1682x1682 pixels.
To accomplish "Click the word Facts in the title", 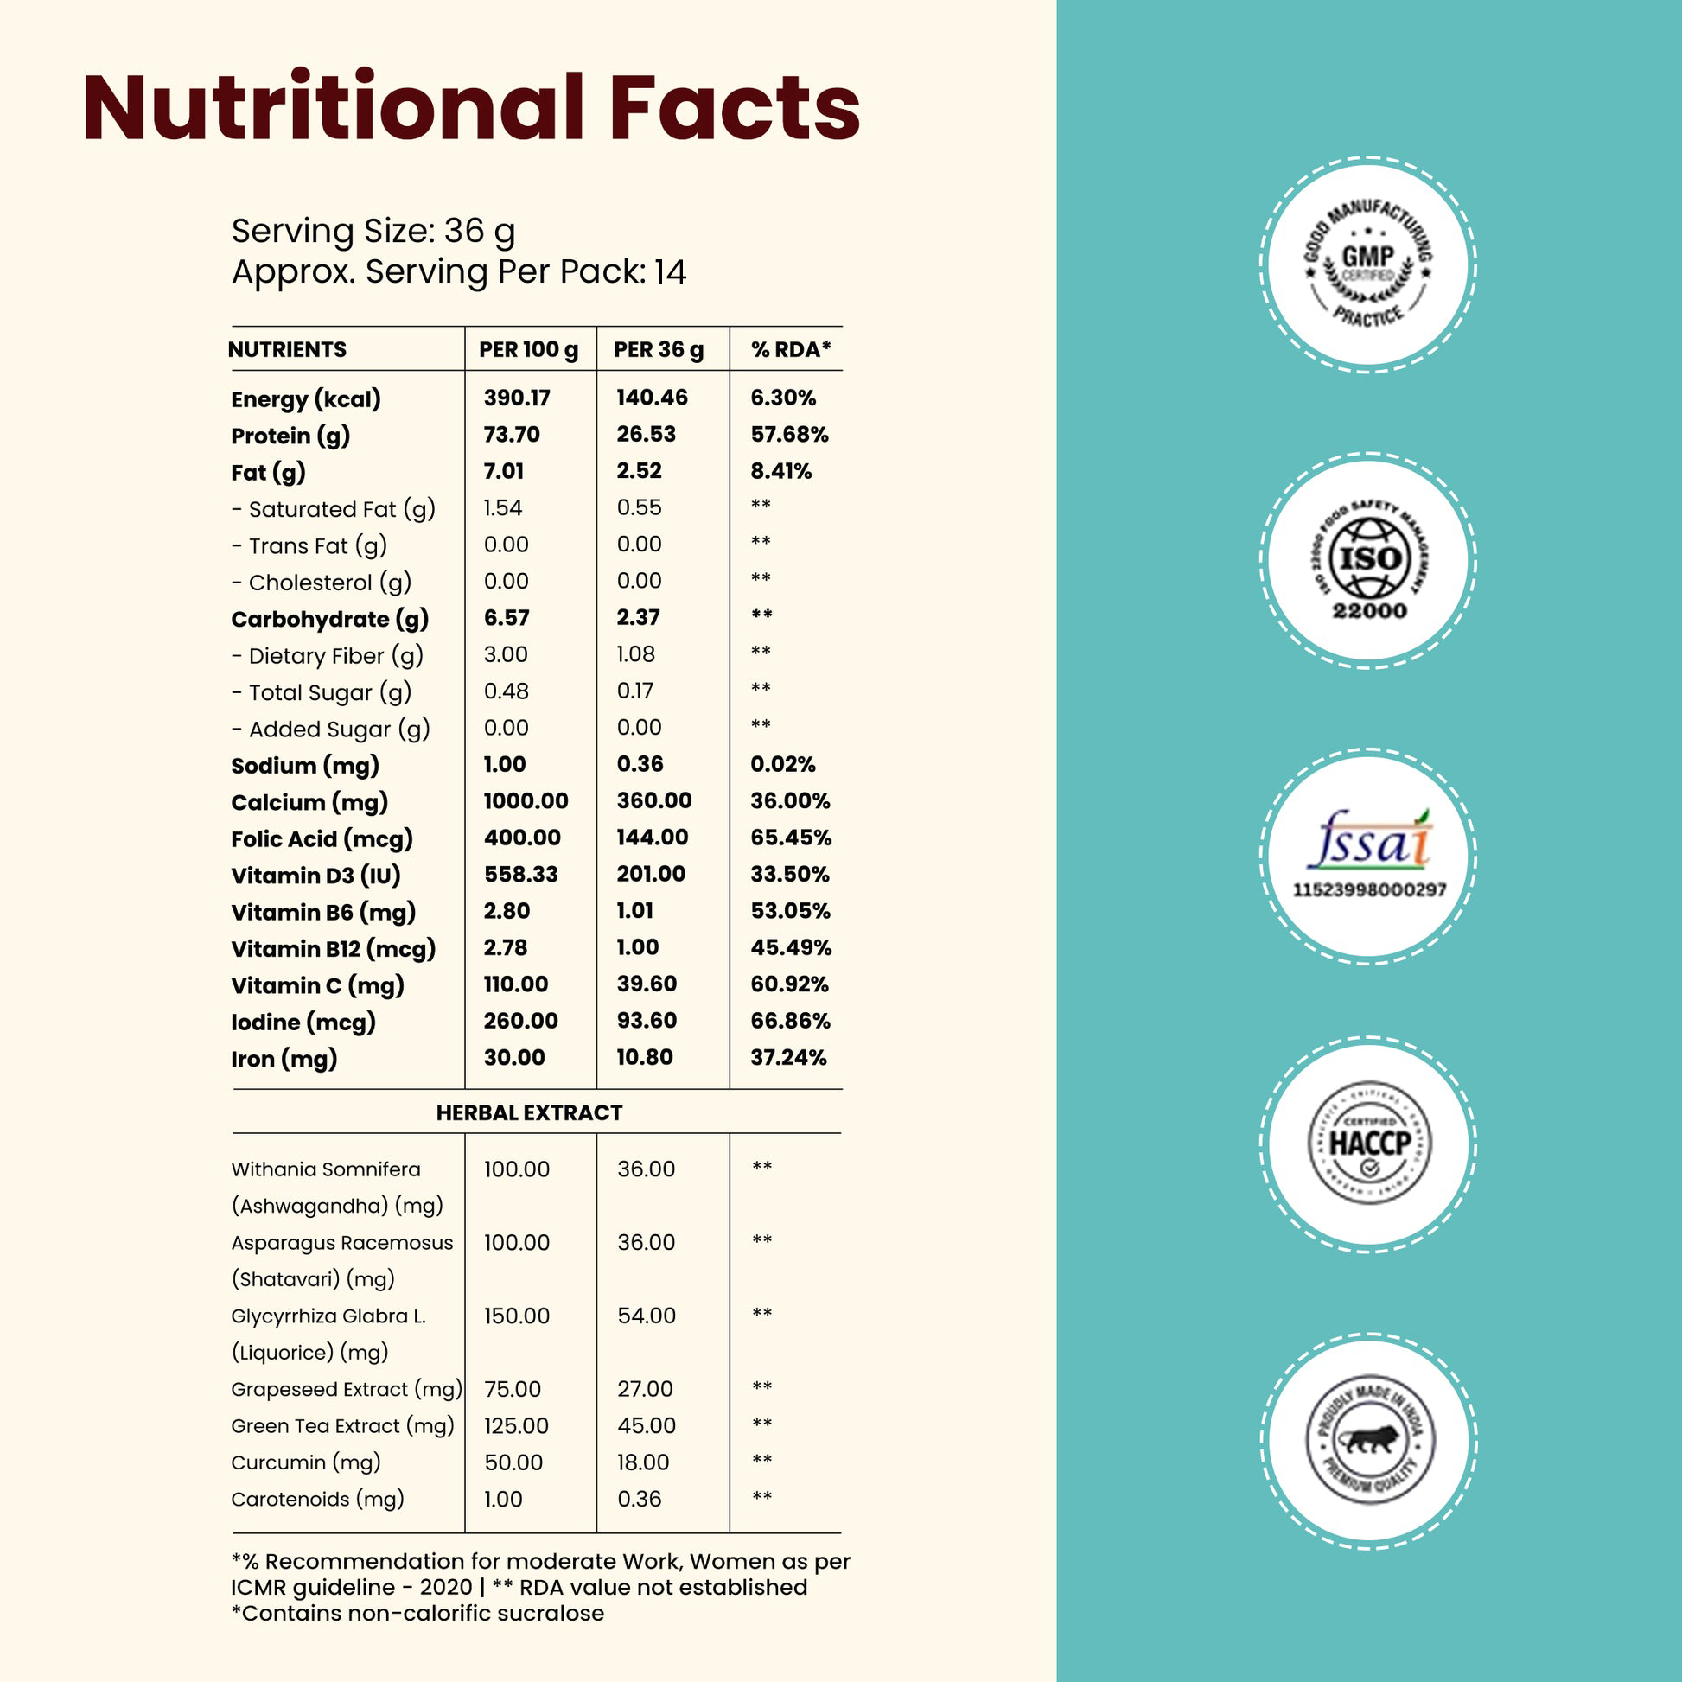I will tap(734, 108).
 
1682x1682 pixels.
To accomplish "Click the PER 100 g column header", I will tap(527, 350).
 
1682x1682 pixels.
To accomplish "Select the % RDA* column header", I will tap(791, 350).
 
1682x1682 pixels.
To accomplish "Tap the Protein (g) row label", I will tap(290, 436).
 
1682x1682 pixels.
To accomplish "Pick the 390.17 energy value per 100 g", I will tap(517, 398).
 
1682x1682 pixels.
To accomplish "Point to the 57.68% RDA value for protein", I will tap(790, 435).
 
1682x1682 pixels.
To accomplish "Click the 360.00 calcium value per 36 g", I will tap(653, 801).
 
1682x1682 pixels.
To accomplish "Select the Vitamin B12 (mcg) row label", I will tap(333, 949).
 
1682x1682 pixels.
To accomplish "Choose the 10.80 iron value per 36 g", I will tap(644, 1058).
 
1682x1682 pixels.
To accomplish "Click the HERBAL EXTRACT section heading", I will tap(528, 1112).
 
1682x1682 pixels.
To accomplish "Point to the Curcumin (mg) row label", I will tap(306, 1462).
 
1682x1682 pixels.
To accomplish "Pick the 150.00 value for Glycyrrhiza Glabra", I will tap(516, 1316).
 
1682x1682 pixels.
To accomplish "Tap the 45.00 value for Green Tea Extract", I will tap(646, 1426).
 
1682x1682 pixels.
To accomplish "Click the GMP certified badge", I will tap(1368, 264).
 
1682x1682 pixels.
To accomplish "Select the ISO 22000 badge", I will tap(1368, 561).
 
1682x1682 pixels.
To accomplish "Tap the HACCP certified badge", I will tap(1368, 1144).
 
